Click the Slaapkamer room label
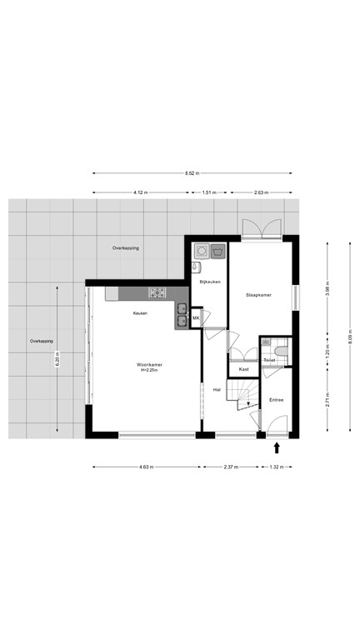click(258, 295)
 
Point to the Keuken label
click(140, 312)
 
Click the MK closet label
click(196, 318)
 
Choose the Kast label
click(243, 368)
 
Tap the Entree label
click(276, 400)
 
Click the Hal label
click(217, 389)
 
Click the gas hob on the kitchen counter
click(157, 292)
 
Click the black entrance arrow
click(277, 449)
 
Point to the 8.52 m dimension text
click(192, 173)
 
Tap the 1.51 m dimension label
click(209, 192)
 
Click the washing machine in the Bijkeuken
click(201, 249)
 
